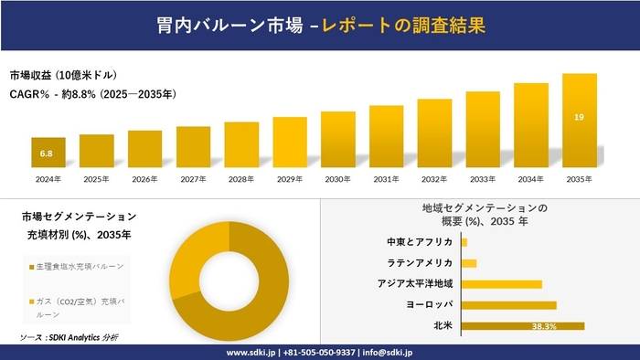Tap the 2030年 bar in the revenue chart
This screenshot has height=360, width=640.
(x=338, y=141)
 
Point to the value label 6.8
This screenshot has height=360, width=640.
(x=47, y=154)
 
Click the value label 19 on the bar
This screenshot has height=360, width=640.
(x=580, y=117)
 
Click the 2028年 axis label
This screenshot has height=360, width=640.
(x=241, y=179)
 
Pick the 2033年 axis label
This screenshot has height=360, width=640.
(x=483, y=179)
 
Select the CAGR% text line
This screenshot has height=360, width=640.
(x=92, y=93)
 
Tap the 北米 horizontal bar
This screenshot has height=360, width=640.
(x=522, y=326)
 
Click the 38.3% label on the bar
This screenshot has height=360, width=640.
(x=545, y=326)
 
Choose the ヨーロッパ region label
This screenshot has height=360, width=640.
(x=431, y=304)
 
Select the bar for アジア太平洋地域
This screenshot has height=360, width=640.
(x=501, y=284)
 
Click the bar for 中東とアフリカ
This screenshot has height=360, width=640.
(x=464, y=242)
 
